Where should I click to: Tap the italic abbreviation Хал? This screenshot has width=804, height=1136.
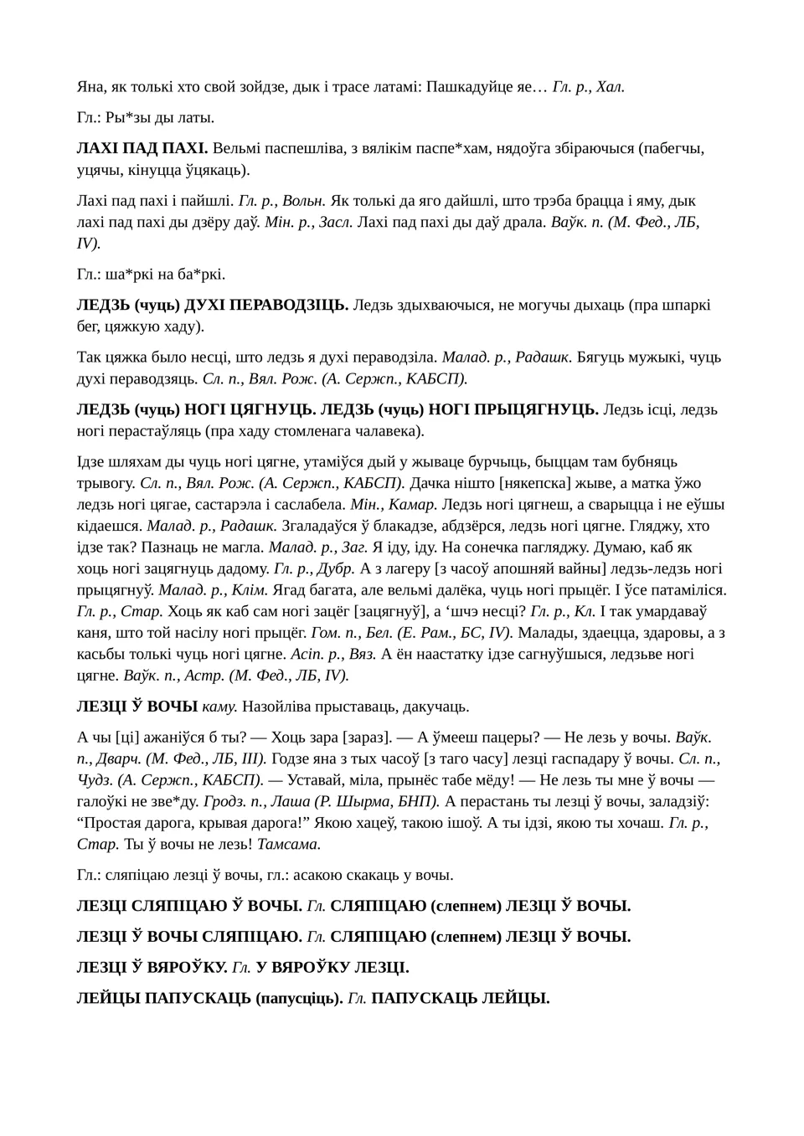[610, 86]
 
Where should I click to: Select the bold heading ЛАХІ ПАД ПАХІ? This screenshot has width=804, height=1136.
[142, 148]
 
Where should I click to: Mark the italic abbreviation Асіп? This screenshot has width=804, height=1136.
[306, 654]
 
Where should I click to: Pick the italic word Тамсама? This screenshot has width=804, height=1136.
[289, 844]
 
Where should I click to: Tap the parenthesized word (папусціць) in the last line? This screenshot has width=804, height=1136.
[298, 998]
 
